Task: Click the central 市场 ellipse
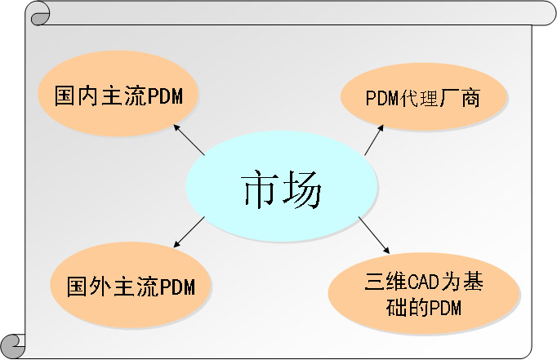point(281,186)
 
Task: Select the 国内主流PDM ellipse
point(118,93)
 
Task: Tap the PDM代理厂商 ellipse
point(424,97)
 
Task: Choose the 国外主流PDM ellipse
point(131,285)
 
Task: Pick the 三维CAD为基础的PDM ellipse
point(424,294)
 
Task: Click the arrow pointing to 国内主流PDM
point(189,140)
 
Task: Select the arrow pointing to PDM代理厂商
point(374,140)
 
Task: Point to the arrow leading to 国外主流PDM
point(189,232)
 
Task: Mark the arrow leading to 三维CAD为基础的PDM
point(374,235)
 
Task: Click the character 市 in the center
point(259,189)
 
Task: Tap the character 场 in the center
point(303,189)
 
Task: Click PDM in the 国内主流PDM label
point(164,96)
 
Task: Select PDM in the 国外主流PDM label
point(177,287)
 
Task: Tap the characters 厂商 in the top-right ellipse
point(460,98)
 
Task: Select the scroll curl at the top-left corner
point(39,14)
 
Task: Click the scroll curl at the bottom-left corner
point(13,346)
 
